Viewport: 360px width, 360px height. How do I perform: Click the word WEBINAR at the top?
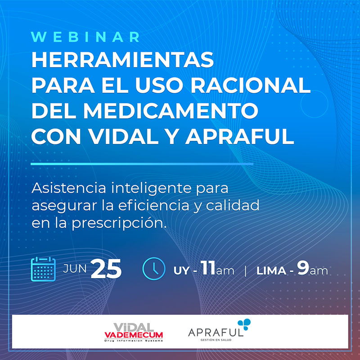pyautogui.click(x=85, y=37)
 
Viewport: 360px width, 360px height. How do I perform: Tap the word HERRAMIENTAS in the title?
pyautogui.click(x=122, y=60)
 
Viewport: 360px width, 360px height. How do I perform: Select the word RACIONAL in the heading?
pyautogui.click(x=251, y=85)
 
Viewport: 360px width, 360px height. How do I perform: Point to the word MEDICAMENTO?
pyautogui.click(x=171, y=111)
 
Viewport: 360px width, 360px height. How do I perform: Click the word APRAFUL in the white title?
pyautogui.click(x=240, y=136)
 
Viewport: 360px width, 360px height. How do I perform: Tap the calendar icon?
pyautogui.click(x=43, y=269)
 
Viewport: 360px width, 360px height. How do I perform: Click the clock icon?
pyautogui.click(x=154, y=269)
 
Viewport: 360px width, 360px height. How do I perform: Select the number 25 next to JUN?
pyautogui.click(x=106, y=269)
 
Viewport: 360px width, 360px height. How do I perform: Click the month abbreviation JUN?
pyautogui.click(x=75, y=268)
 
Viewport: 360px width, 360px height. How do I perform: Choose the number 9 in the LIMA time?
pyautogui.click(x=303, y=268)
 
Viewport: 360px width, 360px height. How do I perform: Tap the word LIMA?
pyautogui.click(x=271, y=271)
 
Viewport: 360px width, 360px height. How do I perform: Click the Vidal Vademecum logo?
pyautogui.click(x=134, y=332)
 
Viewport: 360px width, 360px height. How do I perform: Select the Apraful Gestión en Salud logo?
pyautogui.click(x=219, y=330)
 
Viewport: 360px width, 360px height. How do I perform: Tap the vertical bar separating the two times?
pyautogui.click(x=246, y=271)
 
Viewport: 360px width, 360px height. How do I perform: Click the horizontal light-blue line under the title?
pyautogui.click(x=142, y=164)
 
